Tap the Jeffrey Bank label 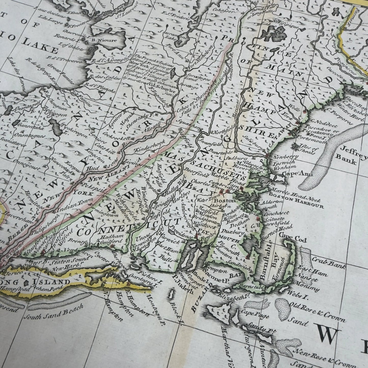pos(351,152)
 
